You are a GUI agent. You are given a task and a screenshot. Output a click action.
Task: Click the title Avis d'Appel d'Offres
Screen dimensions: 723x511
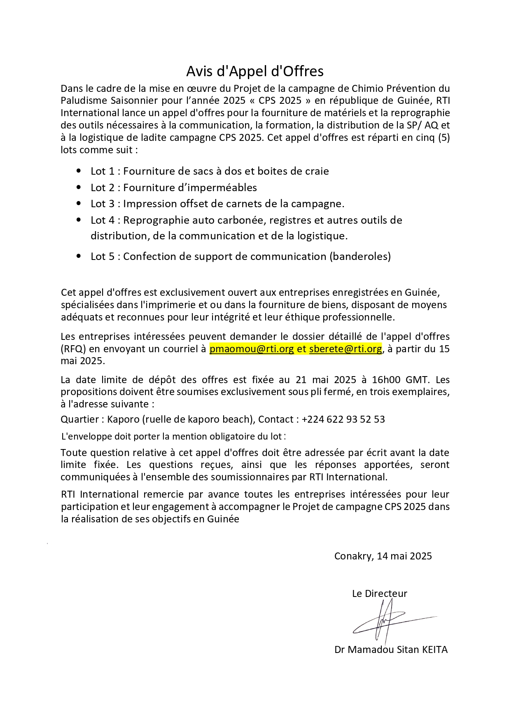[255, 71]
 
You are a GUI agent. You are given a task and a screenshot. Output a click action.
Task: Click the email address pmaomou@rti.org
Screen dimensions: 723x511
[252, 349]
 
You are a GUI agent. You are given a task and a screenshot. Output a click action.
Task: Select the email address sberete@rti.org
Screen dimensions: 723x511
[345, 349]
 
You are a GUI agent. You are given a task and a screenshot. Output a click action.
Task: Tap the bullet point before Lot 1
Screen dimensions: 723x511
[79, 171]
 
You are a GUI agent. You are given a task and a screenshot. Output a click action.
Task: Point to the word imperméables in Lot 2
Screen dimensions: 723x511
[229, 188]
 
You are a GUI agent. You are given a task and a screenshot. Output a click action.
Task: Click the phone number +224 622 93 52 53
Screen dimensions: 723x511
[343, 419]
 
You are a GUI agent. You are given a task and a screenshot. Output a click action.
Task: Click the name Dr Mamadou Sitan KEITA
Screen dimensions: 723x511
[391, 650]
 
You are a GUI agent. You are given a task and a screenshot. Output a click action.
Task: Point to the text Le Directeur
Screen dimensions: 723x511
[379, 594]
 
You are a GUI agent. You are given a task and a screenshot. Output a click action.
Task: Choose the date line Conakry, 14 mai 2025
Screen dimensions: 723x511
[383, 556]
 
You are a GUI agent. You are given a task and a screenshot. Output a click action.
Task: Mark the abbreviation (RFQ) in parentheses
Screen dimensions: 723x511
[73, 349]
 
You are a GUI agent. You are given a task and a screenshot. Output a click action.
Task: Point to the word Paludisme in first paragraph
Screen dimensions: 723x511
[84, 101]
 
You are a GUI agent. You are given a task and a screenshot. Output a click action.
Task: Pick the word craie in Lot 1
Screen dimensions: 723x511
[317, 171]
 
